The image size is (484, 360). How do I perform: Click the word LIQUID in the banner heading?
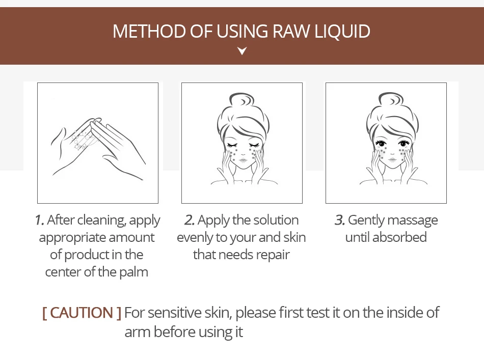342,31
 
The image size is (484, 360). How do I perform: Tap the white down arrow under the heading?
242,50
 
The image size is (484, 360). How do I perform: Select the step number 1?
40,220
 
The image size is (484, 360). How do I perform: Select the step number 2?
189,220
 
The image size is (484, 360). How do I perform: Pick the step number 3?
339,220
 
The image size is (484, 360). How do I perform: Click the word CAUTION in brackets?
82,313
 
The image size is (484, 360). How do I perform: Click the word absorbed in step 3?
399,237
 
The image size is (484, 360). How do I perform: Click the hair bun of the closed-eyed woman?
241,100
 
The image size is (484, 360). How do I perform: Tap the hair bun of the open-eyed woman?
391,100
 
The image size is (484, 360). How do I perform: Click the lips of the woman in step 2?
243,160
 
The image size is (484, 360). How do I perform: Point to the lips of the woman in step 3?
392,160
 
